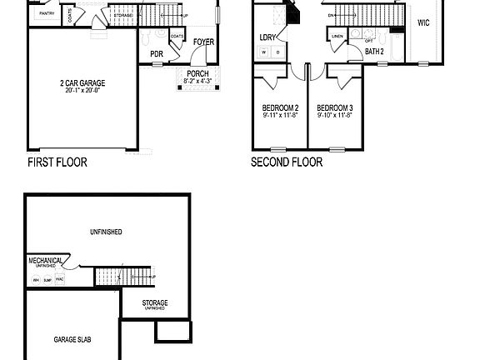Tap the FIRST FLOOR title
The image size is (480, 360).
click(57, 162)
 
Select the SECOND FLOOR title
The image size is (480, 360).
click(287, 162)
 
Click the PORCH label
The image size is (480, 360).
click(197, 74)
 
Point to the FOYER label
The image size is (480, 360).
click(202, 42)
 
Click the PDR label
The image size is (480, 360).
click(157, 54)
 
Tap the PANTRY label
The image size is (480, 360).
click(47, 13)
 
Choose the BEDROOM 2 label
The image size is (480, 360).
click(280, 107)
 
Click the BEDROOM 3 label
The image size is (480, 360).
click(335, 107)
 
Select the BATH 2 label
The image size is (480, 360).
click(374, 52)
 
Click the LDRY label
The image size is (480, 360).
click(268, 37)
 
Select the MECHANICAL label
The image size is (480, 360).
click(46, 260)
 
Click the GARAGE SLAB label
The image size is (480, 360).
click(72, 340)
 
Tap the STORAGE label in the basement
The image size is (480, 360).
click(155, 302)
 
